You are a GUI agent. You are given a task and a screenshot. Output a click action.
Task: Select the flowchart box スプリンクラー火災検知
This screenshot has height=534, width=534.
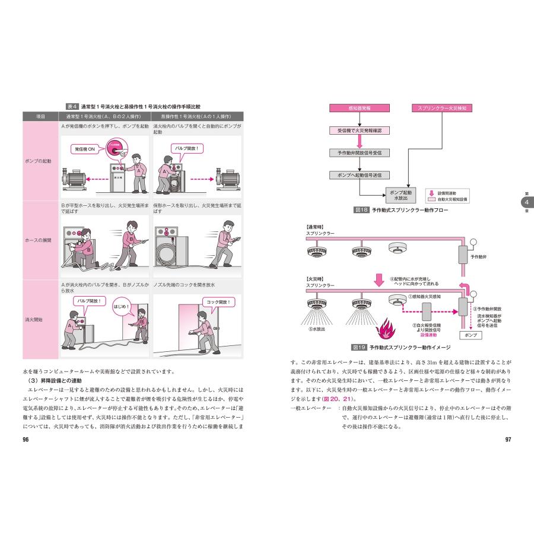tap(442, 109)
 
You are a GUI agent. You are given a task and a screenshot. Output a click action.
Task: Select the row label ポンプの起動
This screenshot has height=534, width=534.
tap(39, 161)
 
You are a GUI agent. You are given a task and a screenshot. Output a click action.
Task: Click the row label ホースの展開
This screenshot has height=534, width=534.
tap(39, 241)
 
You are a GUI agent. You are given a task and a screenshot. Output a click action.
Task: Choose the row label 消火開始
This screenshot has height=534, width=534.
tap(39, 320)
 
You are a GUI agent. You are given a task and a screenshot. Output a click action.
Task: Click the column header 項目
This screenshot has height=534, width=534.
tap(39, 116)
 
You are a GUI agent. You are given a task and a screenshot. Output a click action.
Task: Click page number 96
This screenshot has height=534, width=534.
tap(26, 440)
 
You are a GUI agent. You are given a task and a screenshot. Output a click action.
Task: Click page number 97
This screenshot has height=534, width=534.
tap(508, 440)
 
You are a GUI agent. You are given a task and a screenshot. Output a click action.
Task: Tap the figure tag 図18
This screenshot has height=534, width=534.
tap(361, 210)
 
